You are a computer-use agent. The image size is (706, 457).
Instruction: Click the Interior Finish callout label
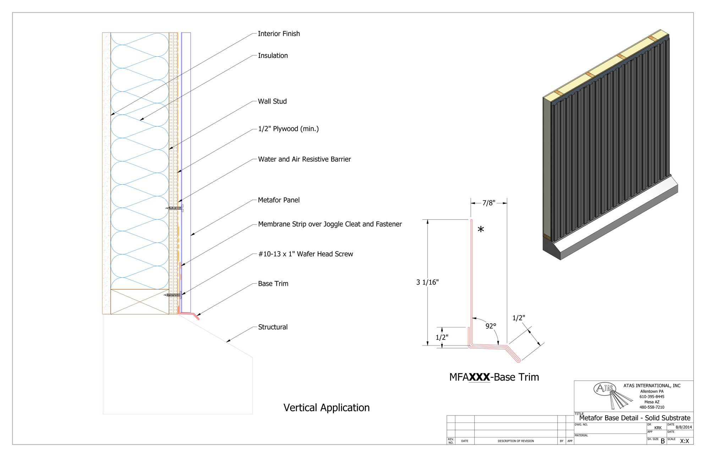(279, 34)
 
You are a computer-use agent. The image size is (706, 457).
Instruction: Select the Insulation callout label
(273, 56)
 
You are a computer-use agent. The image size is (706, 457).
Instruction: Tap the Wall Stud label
(272, 102)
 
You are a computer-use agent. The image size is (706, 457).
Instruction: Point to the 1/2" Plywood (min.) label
(288, 129)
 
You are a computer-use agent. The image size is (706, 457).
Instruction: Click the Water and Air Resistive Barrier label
(304, 159)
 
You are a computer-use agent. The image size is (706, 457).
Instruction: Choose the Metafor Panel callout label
(279, 200)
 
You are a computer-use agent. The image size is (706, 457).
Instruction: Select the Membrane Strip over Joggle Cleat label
(330, 224)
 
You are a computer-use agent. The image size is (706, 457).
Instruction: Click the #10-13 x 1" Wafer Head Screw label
(305, 254)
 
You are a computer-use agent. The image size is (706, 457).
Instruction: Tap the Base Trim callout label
(273, 284)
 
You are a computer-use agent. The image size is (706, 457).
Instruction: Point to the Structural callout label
(273, 327)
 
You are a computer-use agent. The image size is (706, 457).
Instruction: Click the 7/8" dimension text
(488, 203)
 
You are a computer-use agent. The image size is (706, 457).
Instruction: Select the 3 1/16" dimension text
(427, 282)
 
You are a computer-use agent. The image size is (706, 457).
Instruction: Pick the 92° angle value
(491, 326)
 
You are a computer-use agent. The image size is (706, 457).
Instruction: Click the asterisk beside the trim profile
(481, 230)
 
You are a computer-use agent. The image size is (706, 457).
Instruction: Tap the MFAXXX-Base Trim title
(494, 377)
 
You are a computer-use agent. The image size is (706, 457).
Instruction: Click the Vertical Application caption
(326, 408)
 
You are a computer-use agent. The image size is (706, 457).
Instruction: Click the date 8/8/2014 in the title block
(684, 427)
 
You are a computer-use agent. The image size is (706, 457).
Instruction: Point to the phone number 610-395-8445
(652, 397)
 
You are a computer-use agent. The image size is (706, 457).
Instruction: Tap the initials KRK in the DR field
(658, 428)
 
